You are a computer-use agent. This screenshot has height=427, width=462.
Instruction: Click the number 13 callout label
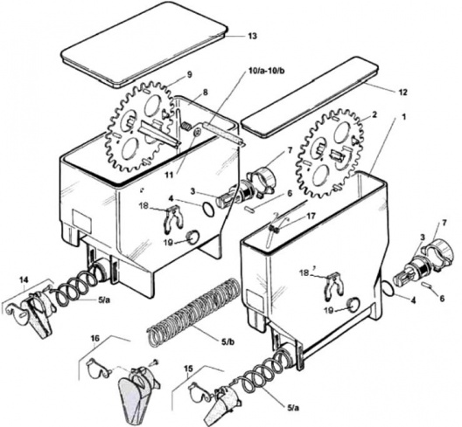pyautogui.click(x=252, y=37)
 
